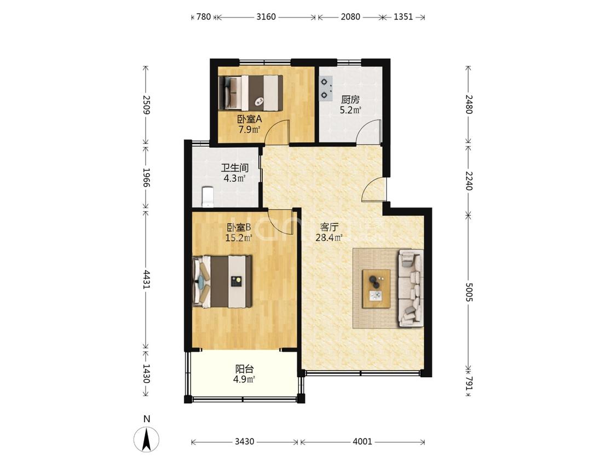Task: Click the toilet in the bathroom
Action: point(207,197)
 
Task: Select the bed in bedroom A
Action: point(251,93)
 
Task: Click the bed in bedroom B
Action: point(222,281)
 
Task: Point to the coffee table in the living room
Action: point(376,289)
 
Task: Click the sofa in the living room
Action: point(411,288)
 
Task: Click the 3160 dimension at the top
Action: point(266,17)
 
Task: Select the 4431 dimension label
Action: point(146,279)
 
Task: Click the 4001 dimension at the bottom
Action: point(362,442)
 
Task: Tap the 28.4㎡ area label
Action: point(329,237)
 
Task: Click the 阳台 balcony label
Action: point(244,369)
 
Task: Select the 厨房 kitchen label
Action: point(350,100)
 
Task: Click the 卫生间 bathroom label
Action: point(235,168)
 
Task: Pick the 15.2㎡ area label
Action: point(239,238)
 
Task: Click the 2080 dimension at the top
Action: point(350,17)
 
